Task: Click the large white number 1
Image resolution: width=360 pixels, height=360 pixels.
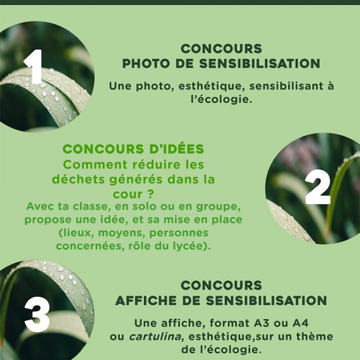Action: pos(34,66)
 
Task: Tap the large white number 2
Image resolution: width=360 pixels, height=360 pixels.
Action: pos(318,188)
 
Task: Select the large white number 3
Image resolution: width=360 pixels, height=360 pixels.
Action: pos(37,315)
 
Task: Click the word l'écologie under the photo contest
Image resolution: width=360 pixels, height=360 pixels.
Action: pos(222,99)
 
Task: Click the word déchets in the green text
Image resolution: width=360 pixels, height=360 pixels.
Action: pos(78,179)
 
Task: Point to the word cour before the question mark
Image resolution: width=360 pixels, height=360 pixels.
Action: pos(128,195)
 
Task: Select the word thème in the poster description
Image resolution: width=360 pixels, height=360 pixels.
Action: pos(315,337)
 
